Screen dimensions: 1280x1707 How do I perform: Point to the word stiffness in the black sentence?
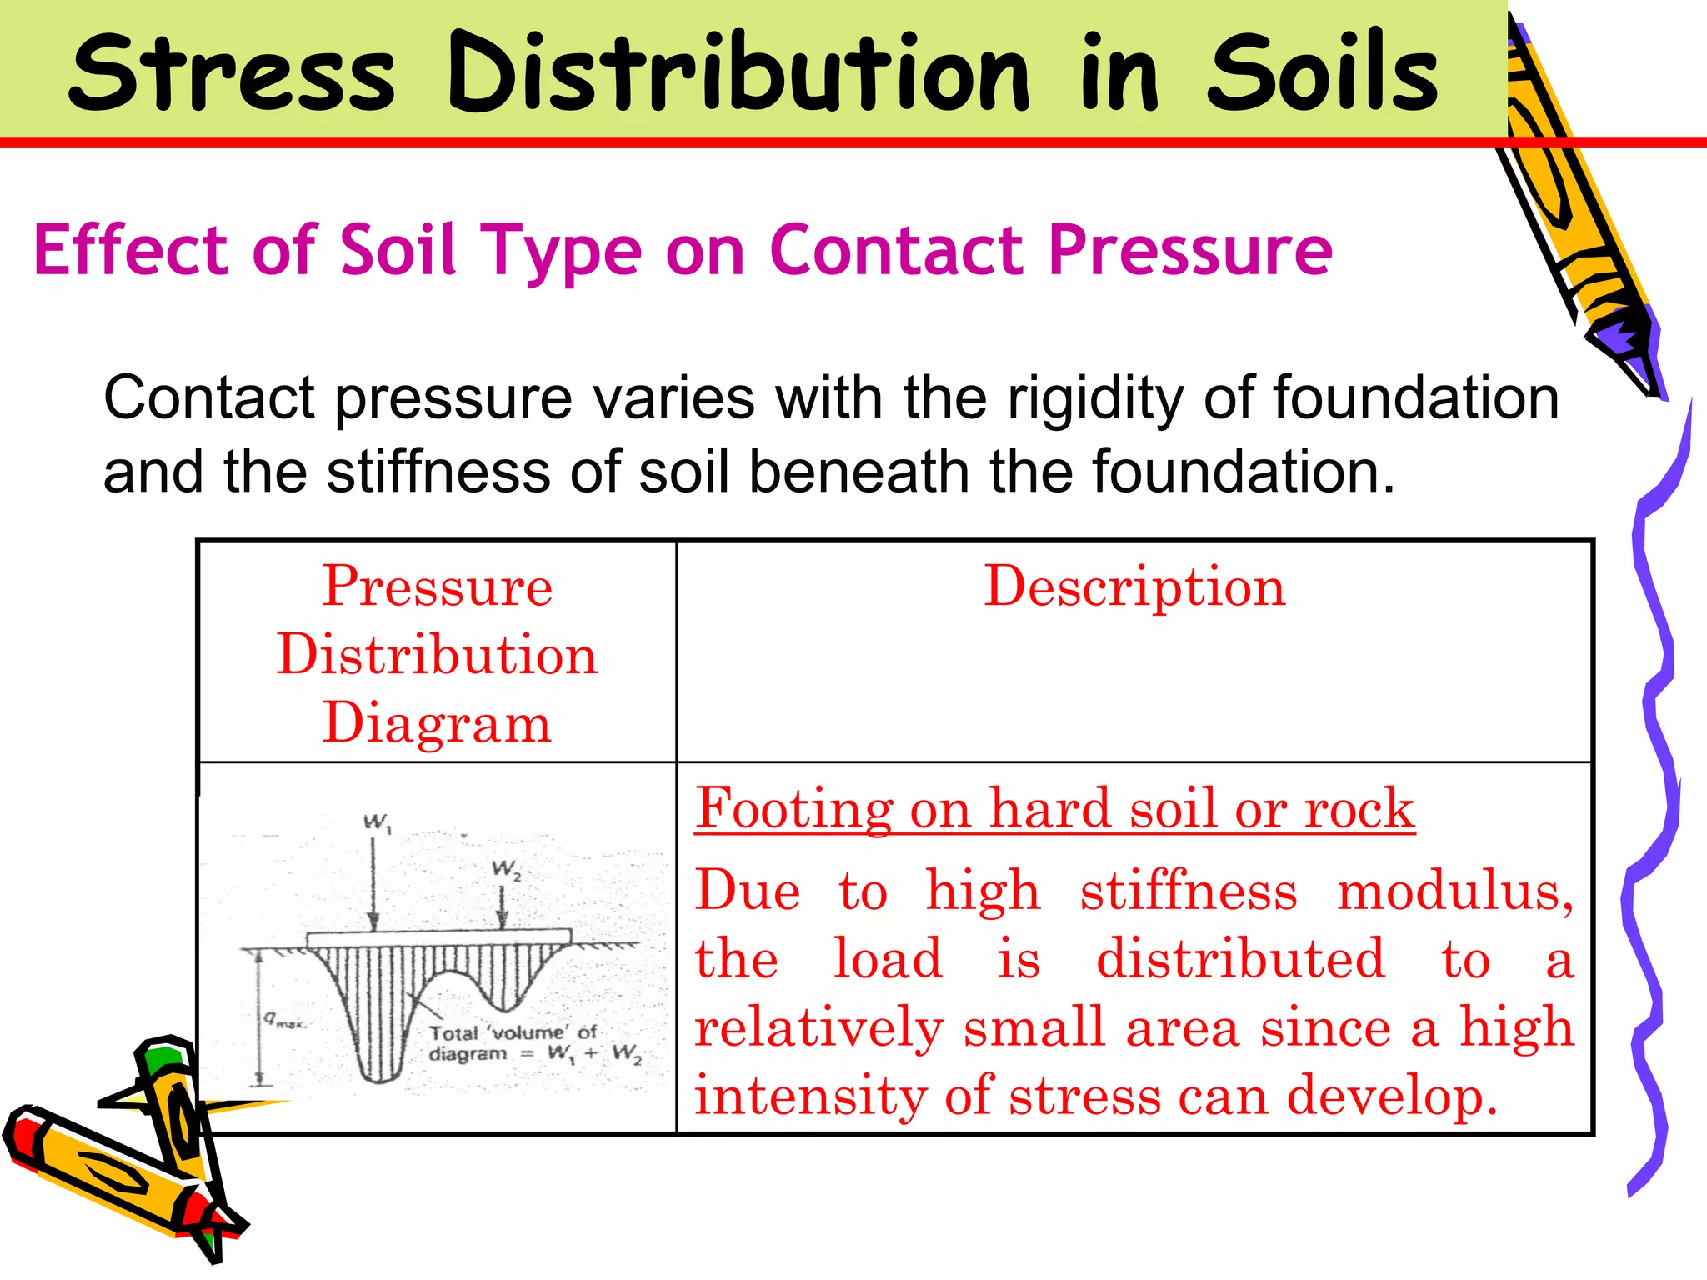click(438, 472)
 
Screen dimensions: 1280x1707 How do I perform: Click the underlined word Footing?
click(794, 808)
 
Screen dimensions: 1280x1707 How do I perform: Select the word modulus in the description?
click(1454, 891)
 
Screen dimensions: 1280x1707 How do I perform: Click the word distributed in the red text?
click(1240, 959)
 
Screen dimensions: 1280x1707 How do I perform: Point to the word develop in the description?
click(1391, 1096)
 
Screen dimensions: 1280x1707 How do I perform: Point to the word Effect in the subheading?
click(131, 250)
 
